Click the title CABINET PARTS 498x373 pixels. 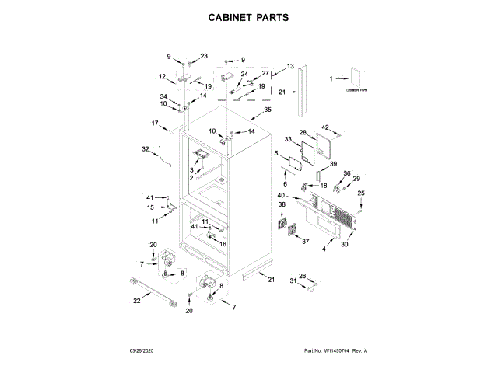pos(249,16)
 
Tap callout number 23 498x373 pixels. pos(204,56)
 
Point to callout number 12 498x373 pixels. pos(163,76)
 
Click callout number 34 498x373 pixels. pos(163,96)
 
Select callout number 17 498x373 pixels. pos(155,123)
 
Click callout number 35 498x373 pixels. pos(268,110)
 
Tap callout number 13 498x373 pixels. pos(290,67)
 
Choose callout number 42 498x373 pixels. pos(325,127)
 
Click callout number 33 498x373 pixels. pos(288,139)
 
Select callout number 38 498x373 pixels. pos(282,204)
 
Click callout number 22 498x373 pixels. pos(136,301)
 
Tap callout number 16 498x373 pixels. pos(223,244)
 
